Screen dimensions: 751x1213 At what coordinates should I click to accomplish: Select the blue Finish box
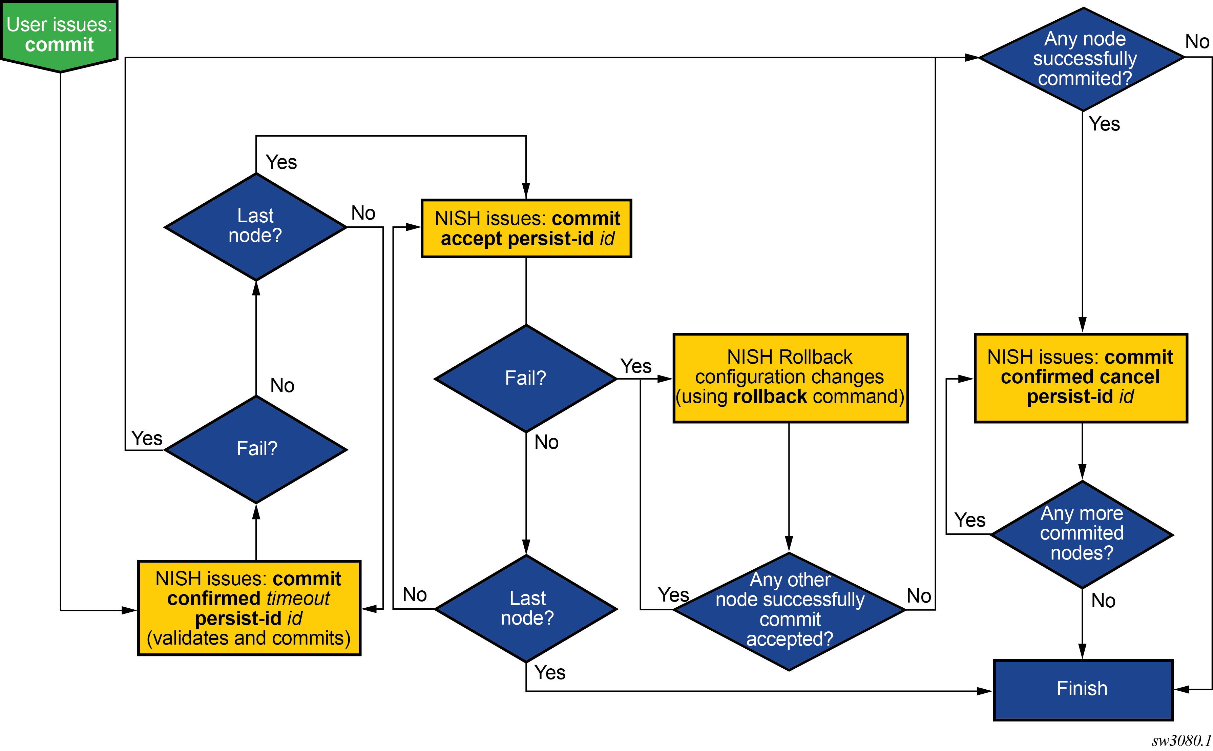coord(1082,689)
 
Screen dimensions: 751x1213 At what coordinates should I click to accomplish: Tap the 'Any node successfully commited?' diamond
coord(1082,59)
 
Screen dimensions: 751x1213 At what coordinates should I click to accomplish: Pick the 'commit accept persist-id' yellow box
coord(526,228)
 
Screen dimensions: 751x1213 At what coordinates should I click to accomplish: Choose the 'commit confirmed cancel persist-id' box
coord(1081,378)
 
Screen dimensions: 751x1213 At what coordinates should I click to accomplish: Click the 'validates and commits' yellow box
coord(249,608)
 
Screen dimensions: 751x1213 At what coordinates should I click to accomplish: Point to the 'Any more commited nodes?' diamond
coord(1082,534)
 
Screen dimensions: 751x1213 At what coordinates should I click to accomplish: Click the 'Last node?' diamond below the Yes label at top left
coord(256,226)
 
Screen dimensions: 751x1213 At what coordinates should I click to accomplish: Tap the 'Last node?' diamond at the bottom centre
coord(526,608)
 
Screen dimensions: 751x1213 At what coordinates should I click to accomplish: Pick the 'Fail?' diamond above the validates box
coord(256,449)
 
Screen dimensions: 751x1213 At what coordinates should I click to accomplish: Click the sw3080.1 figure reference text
coord(1181,740)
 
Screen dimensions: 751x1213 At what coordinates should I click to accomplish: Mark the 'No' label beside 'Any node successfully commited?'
coord(1197,42)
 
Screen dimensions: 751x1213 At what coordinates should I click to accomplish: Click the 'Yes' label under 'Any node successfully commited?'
coord(1104,124)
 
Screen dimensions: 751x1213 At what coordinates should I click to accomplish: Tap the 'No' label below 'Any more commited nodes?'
coord(1103,601)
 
